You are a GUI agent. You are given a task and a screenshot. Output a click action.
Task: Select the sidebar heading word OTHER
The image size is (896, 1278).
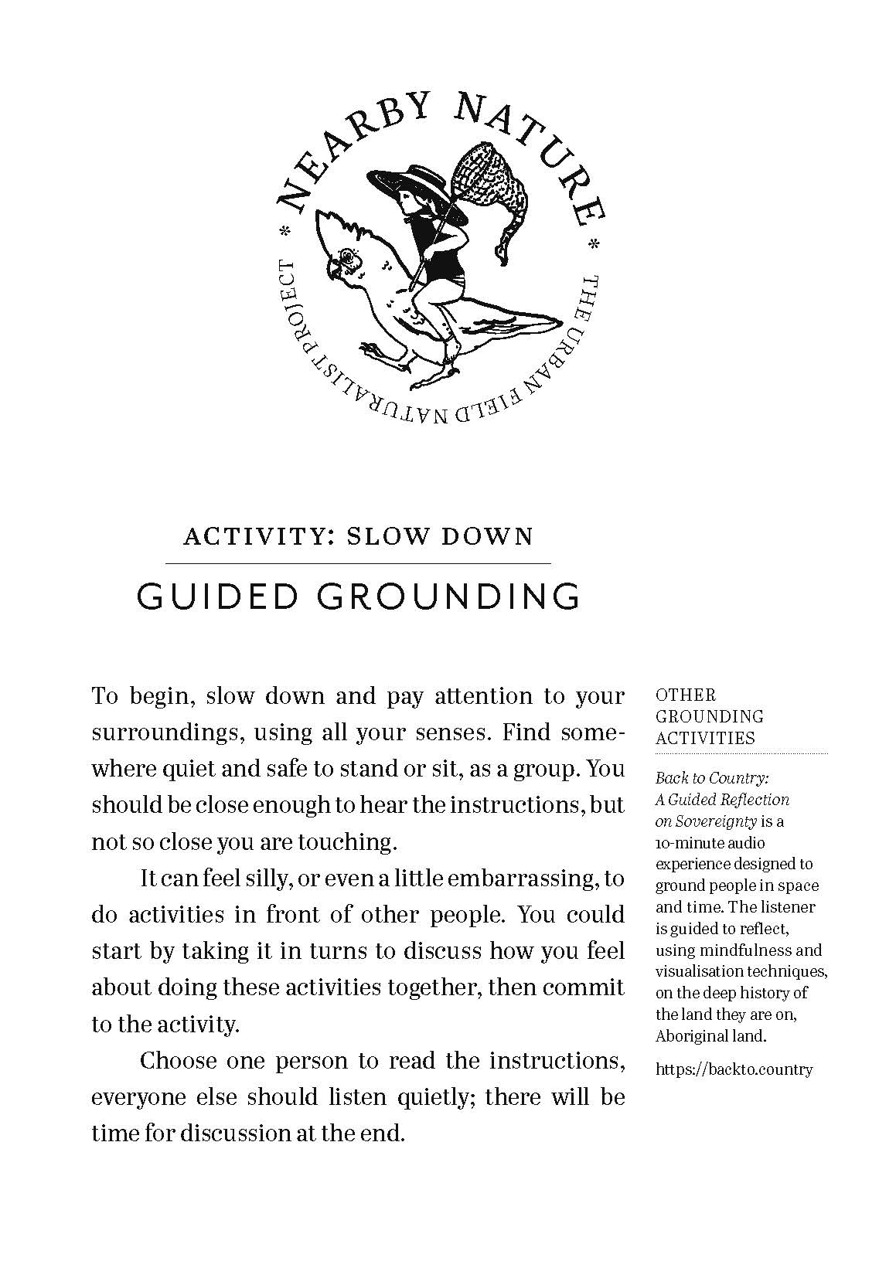pos(686,695)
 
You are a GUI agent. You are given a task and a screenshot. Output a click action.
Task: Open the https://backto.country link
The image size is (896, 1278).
pos(734,1070)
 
